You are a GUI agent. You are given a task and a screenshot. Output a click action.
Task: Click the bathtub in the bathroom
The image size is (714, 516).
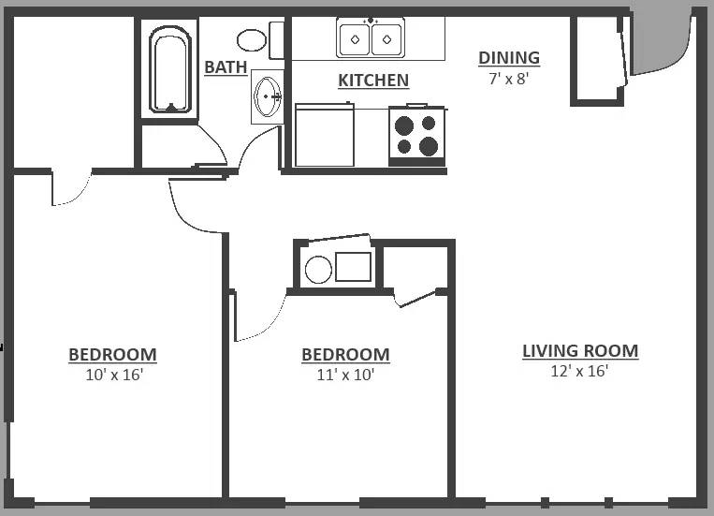pos(169,69)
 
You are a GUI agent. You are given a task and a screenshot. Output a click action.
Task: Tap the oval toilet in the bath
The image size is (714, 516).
pos(251,39)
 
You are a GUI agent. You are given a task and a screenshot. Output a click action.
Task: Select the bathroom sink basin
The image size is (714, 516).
pos(269,96)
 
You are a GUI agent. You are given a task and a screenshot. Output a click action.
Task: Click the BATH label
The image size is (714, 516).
pos(226,67)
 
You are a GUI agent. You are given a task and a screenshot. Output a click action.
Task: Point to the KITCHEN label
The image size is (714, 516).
pos(372,81)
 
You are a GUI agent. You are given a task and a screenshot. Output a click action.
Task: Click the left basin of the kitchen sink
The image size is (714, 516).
pos(355,39)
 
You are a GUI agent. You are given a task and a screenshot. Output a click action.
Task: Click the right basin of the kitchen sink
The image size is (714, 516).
pos(386,39)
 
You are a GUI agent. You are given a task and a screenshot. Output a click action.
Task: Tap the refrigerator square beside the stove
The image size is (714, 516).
pos(324,136)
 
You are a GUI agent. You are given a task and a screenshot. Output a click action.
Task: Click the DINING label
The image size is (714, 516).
pos(509,58)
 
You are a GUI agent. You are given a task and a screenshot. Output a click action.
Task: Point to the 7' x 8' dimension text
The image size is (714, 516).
pos(509,79)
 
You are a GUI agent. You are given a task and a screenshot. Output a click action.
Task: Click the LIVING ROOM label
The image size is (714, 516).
pos(580,351)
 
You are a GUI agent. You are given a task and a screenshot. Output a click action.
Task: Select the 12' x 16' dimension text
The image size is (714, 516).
pos(580,371)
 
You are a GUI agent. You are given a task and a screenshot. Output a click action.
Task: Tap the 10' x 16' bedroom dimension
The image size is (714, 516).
pos(112,375)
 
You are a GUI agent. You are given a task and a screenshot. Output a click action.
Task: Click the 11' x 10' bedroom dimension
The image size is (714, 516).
pos(345,375)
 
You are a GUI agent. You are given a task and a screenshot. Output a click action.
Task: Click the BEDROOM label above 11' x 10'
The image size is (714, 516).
pos(345,355)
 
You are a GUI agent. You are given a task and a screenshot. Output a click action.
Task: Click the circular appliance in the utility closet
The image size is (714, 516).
pos(318,270)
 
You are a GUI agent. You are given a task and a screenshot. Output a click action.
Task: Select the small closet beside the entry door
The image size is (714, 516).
pos(596,57)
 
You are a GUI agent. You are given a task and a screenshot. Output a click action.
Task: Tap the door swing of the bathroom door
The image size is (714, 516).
pos(255,150)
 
